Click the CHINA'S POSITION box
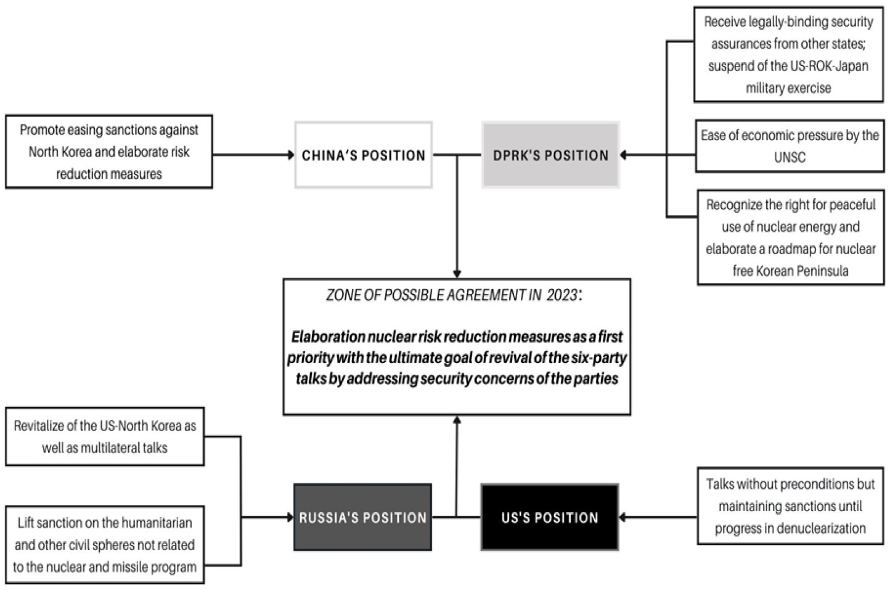click(363, 155)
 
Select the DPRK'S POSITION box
click(550, 155)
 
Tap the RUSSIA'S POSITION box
click(362, 517)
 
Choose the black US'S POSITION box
click(549, 517)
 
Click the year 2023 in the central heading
click(562, 295)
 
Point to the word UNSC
click(790, 157)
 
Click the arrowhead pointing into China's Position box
click(291, 155)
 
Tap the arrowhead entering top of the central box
click(457, 274)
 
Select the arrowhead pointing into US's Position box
click(623, 517)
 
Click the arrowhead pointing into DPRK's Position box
click(624, 155)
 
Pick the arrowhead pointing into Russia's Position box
click(290, 517)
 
